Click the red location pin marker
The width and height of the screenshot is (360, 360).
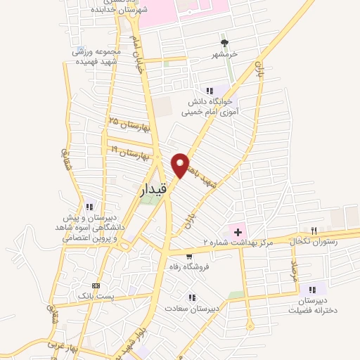tap(181, 164)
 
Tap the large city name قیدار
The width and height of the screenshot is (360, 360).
tap(151, 189)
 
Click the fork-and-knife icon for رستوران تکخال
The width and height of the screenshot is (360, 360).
tap(314, 231)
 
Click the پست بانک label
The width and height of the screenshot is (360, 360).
tap(96, 297)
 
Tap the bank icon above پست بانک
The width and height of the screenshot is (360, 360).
tap(96, 285)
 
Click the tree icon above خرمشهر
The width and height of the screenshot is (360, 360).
tap(225, 42)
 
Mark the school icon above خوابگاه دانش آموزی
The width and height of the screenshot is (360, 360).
tap(210, 90)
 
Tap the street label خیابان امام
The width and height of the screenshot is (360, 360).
tap(138, 60)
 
